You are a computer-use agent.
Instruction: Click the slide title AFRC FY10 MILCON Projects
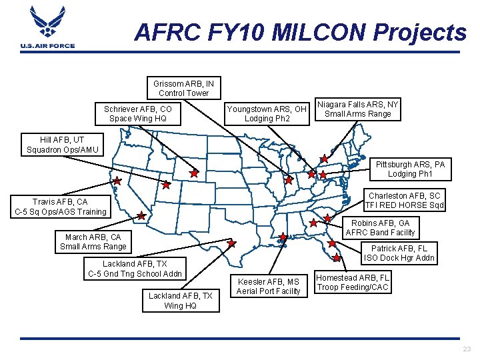(300, 32)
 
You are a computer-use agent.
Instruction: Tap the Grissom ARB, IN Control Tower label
(183, 88)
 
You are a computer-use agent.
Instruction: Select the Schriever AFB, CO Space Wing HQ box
(138, 113)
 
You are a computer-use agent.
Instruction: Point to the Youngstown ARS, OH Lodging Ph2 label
(267, 113)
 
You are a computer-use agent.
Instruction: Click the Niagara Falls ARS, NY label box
(357, 109)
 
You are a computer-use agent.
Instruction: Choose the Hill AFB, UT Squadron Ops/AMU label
(63, 145)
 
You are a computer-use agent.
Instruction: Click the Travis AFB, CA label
(60, 207)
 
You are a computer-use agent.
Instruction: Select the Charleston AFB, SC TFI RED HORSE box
(405, 201)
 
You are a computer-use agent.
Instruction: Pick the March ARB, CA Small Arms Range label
(93, 241)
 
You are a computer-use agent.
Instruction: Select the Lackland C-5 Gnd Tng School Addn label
(135, 269)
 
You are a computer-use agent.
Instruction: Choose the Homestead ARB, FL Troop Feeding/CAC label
(353, 283)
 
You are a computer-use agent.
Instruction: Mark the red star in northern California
(117, 181)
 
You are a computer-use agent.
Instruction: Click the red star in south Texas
(231, 243)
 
